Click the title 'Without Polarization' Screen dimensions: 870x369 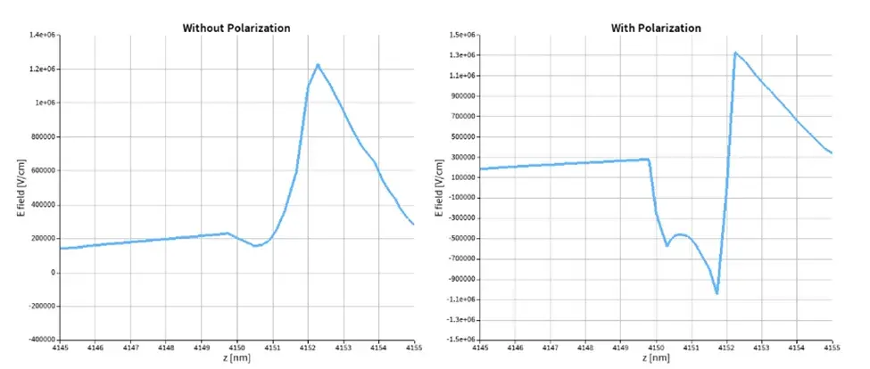(x=236, y=28)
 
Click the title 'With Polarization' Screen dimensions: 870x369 (x=656, y=28)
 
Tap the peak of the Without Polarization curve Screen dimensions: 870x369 (x=318, y=64)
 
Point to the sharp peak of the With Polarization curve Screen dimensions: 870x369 (x=735, y=53)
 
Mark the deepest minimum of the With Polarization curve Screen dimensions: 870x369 (x=717, y=293)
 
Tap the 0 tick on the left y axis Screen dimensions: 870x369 (x=54, y=272)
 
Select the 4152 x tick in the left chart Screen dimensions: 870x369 (x=309, y=347)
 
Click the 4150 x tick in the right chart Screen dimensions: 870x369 (x=657, y=347)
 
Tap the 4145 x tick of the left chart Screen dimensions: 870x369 (x=61, y=347)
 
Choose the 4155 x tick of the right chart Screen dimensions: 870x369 (x=832, y=347)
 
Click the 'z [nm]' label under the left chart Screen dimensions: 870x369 (x=237, y=358)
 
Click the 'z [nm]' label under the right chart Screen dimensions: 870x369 (x=657, y=358)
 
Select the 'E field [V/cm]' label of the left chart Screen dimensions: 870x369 (x=22, y=186)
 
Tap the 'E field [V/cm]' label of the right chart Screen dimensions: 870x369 (x=441, y=186)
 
